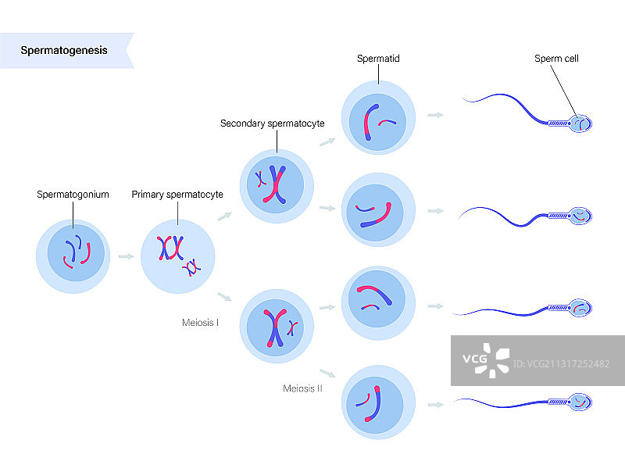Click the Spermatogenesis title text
(64, 51)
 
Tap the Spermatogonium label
(73, 194)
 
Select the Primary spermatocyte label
(177, 194)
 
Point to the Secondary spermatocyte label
(272, 123)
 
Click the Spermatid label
(378, 59)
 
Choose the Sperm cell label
(556, 59)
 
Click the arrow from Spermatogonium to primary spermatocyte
(125, 256)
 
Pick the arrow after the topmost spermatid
(436, 115)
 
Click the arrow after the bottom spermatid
(436, 405)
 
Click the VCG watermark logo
(485, 359)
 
